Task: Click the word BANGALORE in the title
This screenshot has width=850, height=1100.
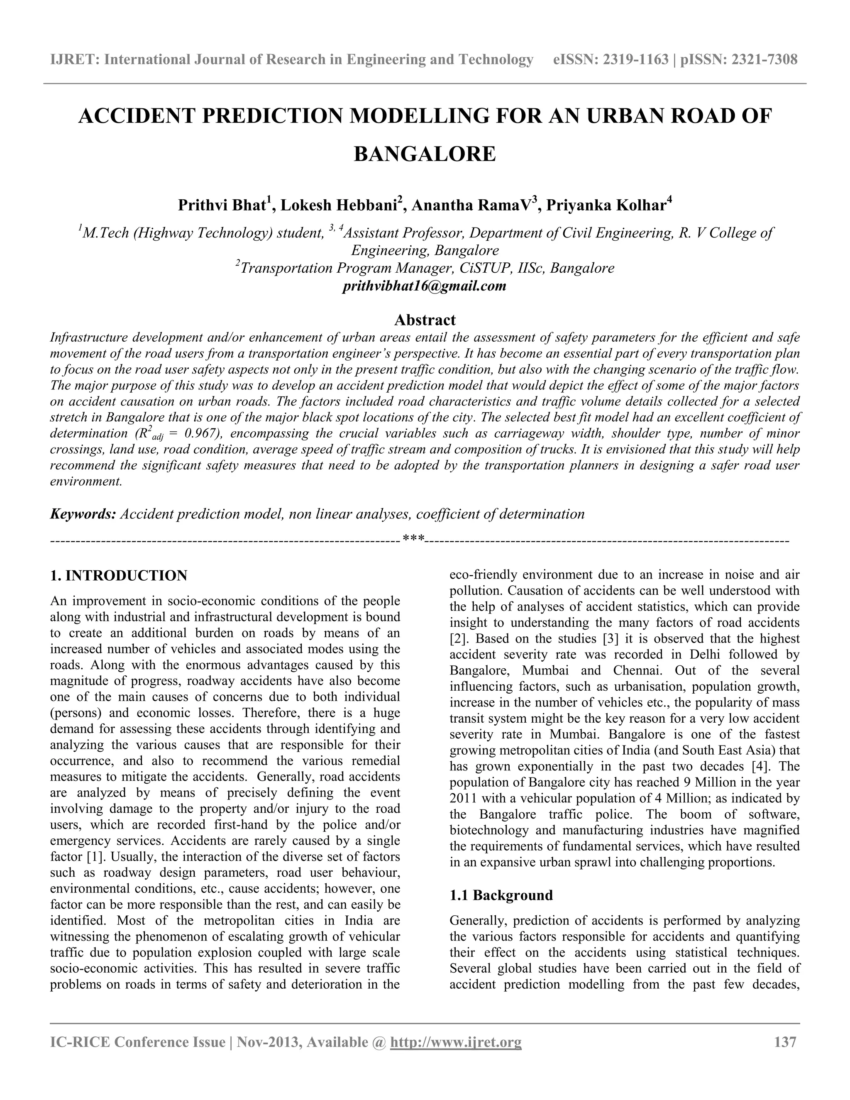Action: pos(425,154)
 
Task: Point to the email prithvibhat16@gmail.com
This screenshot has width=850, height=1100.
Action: pos(424,286)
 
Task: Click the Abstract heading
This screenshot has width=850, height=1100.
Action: pos(425,320)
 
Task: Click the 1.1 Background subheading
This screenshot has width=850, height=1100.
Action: pos(501,895)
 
